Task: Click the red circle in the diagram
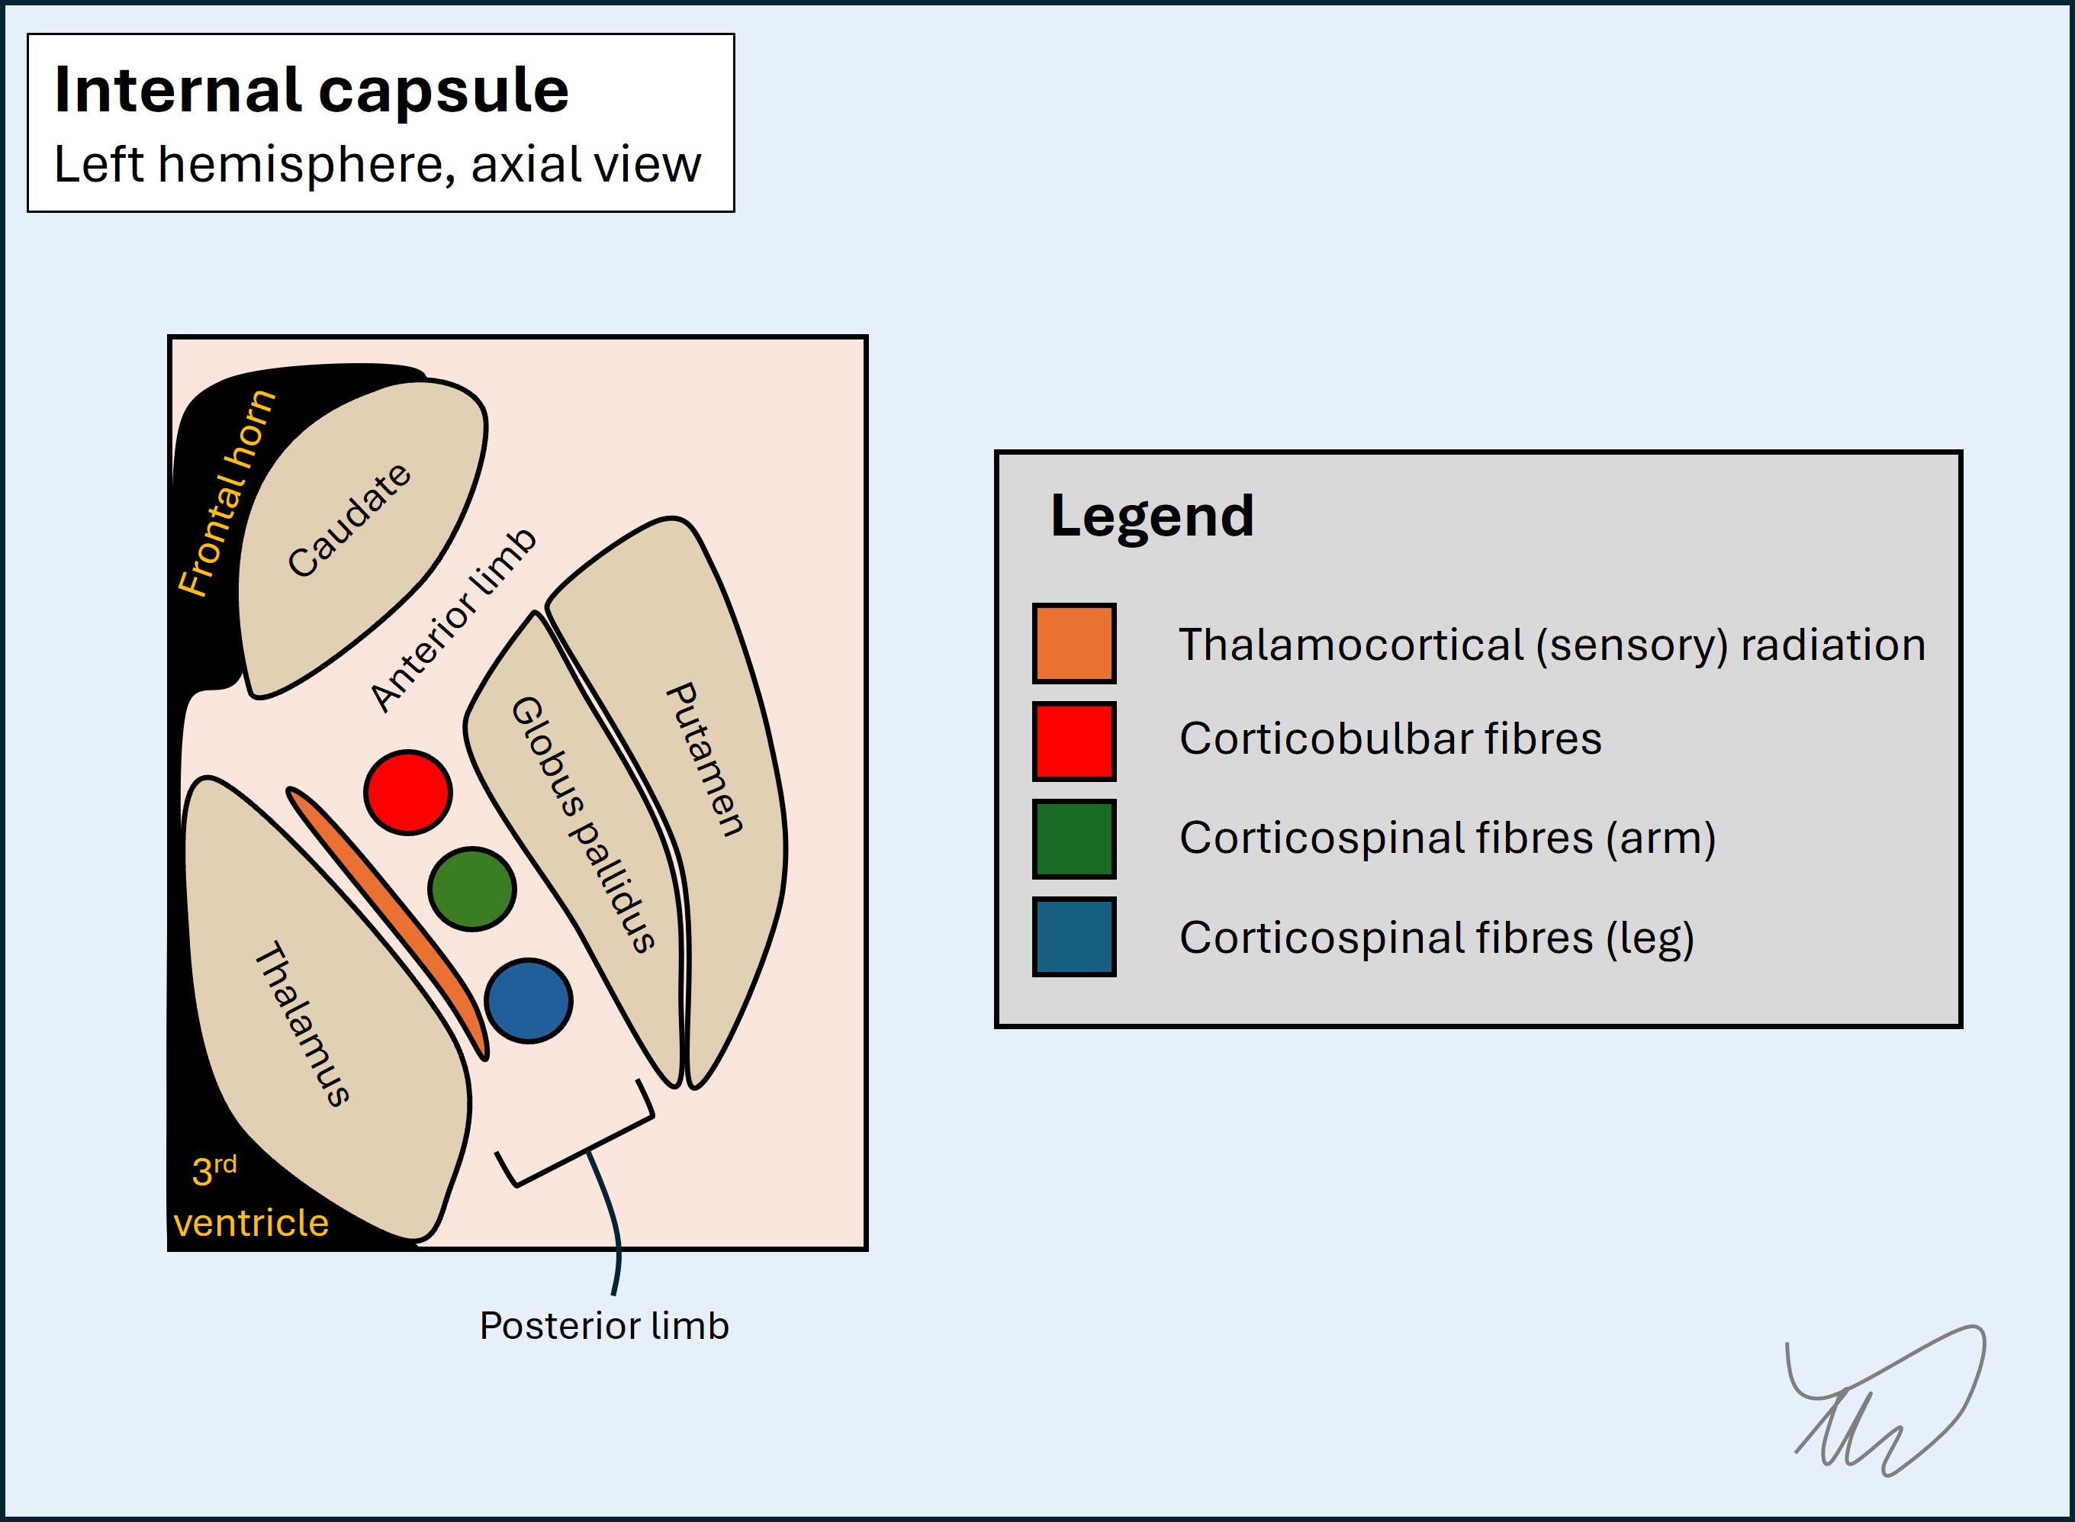tap(407, 793)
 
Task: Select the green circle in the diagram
tap(471, 889)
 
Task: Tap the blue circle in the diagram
tap(528, 1000)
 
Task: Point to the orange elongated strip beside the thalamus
tap(387, 922)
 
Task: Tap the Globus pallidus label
tap(583, 824)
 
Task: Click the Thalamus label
tap(302, 1022)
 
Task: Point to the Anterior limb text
tap(452, 620)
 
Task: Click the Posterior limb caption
tap(604, 1326)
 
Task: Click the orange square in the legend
tap(1074, 643)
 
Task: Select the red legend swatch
tap(1074, 741)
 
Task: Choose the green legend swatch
tap(1074, 838)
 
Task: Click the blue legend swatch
tap(1074, 936)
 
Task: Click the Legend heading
tap(1151, 515)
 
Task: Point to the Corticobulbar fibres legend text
tap(1390, 739)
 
